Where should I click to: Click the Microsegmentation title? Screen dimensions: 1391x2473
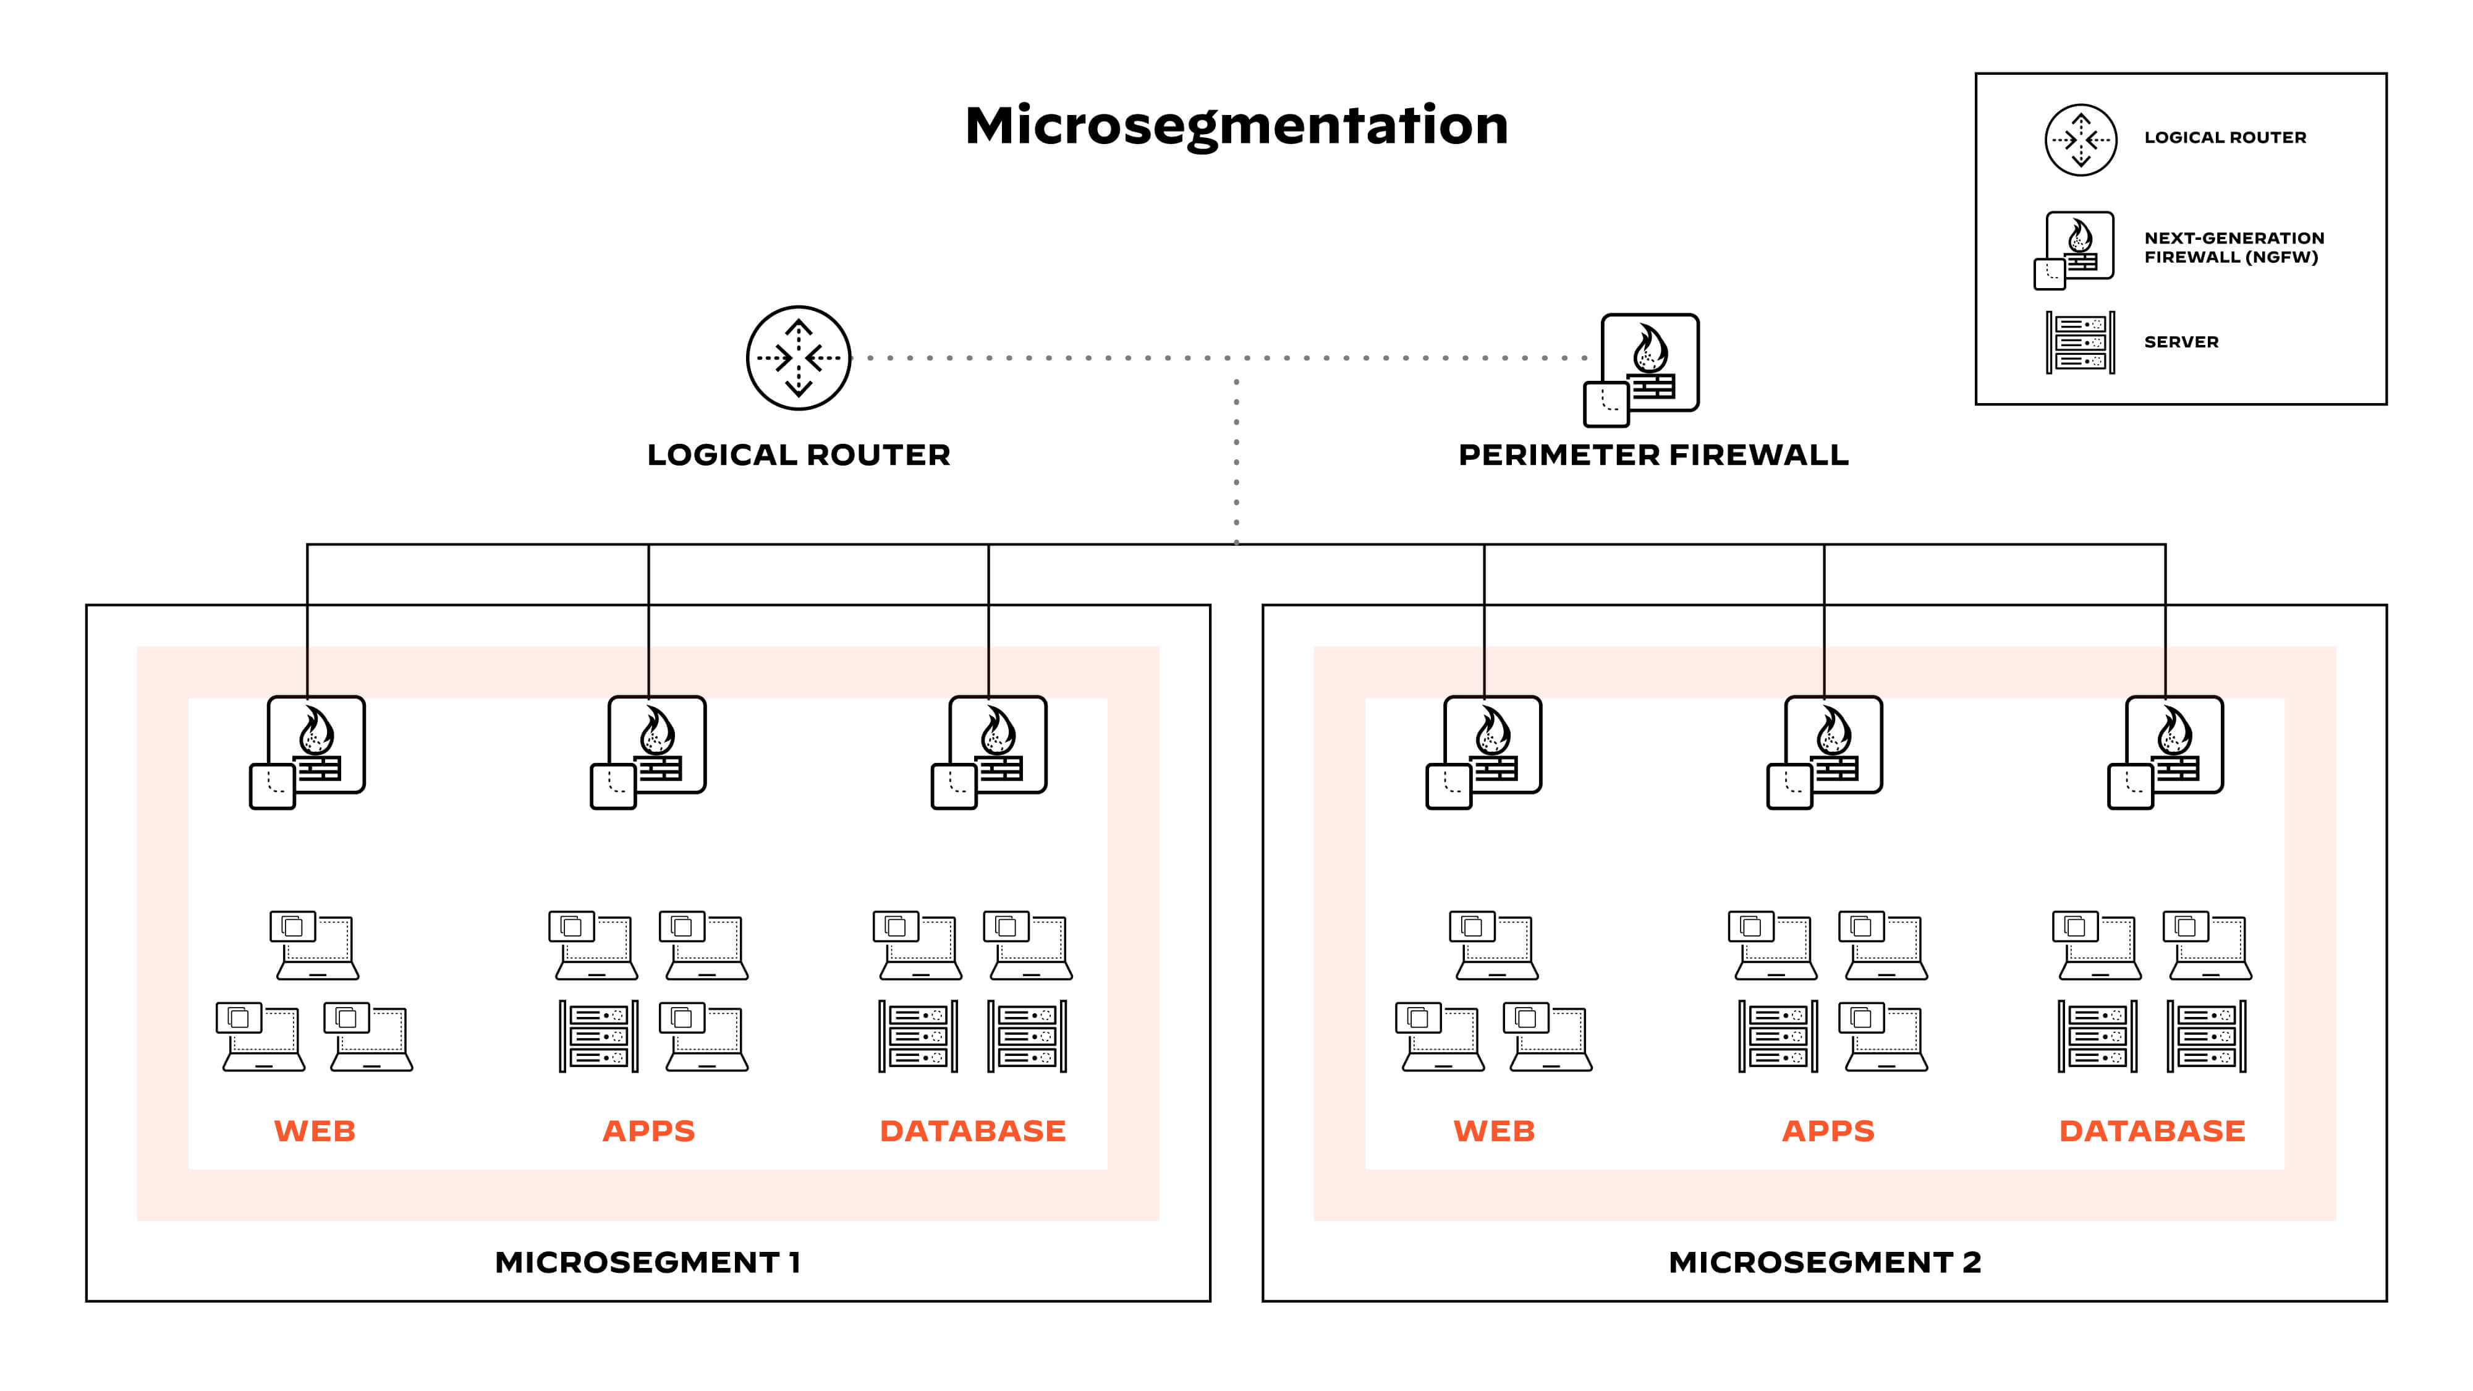[1236, 125]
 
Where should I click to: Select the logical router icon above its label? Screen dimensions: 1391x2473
[798, 358]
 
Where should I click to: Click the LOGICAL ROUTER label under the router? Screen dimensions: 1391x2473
[798, 455]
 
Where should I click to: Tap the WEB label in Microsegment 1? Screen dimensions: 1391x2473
[315, 1131]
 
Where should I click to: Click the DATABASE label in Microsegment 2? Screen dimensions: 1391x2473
[2152, 1131]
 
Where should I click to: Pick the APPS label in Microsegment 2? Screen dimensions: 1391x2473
[1828, 1131]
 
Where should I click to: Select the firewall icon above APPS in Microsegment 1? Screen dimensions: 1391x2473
[651, 751]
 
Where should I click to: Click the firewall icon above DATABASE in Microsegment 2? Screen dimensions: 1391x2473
[2168, 751]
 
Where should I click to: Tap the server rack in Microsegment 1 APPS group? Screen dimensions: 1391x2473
[598, 1037]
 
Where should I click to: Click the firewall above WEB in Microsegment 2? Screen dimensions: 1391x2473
[1486, 751]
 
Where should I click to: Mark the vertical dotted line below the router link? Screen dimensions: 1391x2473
[1236, 461]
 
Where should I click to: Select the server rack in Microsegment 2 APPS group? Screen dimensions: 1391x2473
[1777, 1037]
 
